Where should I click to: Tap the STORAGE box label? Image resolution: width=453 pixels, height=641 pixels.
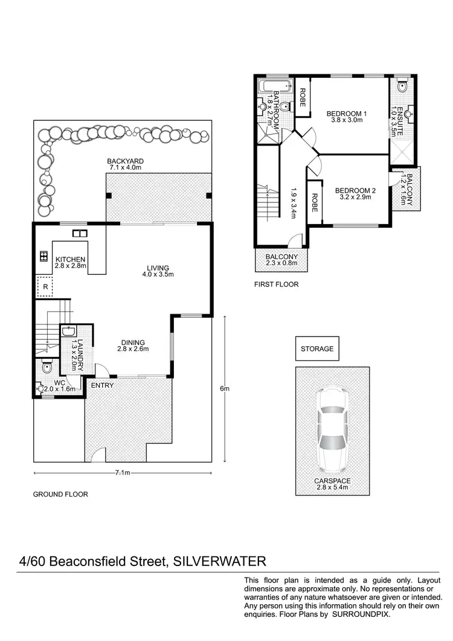[317, 349]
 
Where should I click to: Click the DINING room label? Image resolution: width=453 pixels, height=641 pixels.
[132, 345]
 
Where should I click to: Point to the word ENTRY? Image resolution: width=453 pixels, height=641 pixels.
[101, 385]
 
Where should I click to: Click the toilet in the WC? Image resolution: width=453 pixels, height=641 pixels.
[47, 367]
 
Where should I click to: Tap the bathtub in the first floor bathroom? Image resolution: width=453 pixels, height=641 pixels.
[268, 86]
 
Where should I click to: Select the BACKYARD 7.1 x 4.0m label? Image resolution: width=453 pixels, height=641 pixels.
[124, 164]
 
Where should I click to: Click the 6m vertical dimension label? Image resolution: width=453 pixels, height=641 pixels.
[225, 388]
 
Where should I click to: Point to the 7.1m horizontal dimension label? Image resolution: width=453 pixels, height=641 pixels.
[123, 473]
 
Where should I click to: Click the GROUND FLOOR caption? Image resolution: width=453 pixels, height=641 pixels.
[60, 494]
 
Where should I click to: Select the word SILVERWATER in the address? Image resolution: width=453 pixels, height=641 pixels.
[219, 561]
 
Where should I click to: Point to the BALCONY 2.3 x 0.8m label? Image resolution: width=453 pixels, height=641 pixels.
[281, 260]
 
